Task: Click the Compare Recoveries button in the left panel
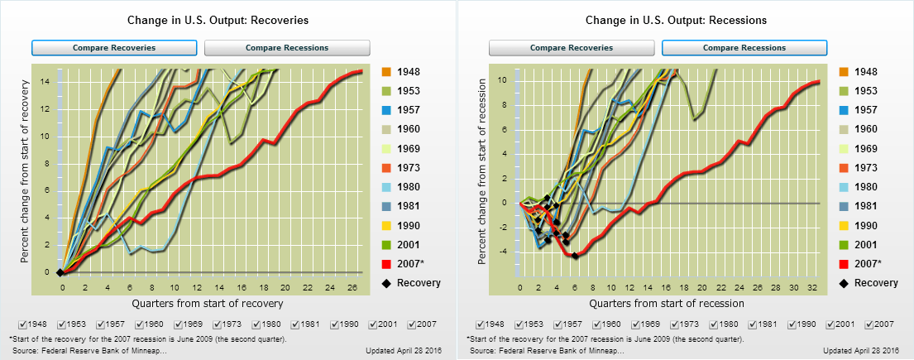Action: pyautogui.click(x=115, y=47)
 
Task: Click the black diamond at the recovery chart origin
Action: pyautogui.click(x=60, y=271)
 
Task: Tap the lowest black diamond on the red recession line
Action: pyautogui.click(x=575, y=255)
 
